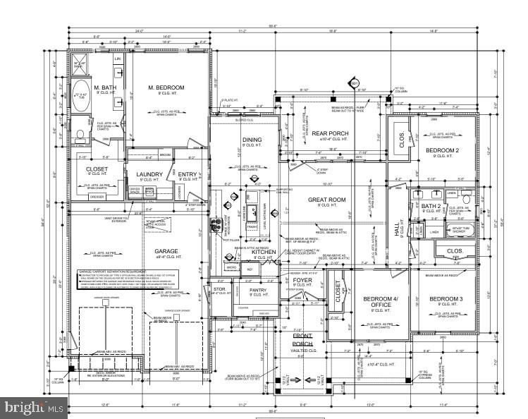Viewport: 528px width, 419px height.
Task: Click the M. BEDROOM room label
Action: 166,87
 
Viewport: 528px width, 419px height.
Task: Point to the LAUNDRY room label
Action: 150,174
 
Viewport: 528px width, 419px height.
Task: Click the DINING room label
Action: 252,140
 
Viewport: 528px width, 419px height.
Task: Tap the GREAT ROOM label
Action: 326,200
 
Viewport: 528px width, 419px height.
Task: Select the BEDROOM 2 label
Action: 442,151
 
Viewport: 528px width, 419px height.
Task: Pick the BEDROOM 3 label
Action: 446,299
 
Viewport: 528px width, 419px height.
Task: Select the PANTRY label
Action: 259,289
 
